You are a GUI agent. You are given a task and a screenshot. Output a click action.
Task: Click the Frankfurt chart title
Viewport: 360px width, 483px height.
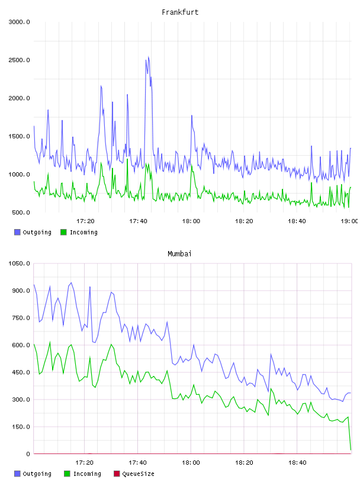(x=180, y=12)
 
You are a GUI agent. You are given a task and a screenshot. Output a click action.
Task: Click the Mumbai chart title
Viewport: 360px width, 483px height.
(x=179, y=254)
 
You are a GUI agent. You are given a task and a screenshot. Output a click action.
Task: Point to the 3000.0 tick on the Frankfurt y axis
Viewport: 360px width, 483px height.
(x=19, y=22)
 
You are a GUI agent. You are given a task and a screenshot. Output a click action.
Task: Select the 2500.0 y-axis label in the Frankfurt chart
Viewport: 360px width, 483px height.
(x=19, y=60)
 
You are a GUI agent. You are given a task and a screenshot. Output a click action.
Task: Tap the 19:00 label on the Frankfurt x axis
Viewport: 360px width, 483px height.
(x=349, y=221)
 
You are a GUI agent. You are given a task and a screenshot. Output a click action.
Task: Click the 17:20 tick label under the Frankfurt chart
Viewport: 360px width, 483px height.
(x=85, y=221)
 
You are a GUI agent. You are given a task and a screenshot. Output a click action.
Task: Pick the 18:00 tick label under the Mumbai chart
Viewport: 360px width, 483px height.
(x=191, y=463)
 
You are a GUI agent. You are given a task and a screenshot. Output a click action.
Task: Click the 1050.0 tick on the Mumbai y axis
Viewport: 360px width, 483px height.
(x=19, y=263)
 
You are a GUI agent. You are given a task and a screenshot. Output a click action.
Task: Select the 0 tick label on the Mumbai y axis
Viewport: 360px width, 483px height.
(x=28, y=454)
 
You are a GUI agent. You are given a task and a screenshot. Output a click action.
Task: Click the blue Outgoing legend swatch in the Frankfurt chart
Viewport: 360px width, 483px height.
(x=17, y=232)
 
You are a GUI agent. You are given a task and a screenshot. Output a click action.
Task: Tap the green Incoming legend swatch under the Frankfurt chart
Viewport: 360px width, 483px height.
(x=63, y=232)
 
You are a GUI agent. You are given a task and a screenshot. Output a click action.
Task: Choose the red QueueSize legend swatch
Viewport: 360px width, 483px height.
(x=117, y=474)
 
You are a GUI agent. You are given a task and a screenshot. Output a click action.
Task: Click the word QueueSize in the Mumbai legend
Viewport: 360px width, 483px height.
(x=138, y=474)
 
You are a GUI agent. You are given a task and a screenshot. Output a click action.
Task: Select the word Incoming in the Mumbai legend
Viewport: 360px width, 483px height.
(x=87, y=474)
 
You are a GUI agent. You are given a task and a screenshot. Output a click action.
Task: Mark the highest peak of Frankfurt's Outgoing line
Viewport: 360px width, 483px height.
(x=148, y=57)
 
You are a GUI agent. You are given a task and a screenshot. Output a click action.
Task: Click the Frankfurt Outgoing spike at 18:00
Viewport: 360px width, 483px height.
(x=191, y=115)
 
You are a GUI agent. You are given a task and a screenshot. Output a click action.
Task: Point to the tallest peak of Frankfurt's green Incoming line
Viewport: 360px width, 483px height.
(x=127, y=159)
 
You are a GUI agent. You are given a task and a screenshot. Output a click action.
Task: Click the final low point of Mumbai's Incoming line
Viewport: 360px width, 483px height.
(x=351, y=450)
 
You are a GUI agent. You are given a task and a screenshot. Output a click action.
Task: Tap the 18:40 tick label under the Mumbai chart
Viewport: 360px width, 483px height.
(x=297, y=463)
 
